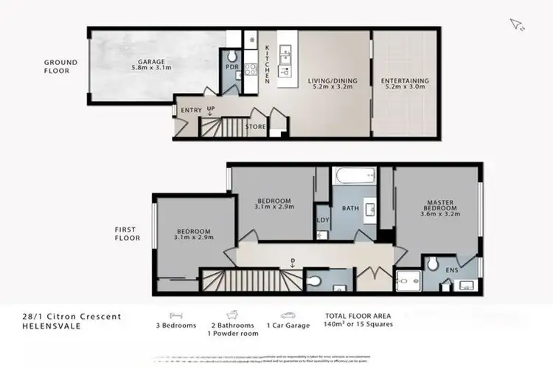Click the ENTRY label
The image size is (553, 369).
(x=191, y=111)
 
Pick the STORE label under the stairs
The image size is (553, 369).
(x=255, y=127)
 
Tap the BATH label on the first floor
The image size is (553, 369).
(x=349, y=209)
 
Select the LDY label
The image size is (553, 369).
(x=322, y=221)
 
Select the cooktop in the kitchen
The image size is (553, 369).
(x=250, y=69)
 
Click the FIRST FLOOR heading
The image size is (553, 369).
(x=127, y=234)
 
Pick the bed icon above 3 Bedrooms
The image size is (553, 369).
(x=176, y=314)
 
